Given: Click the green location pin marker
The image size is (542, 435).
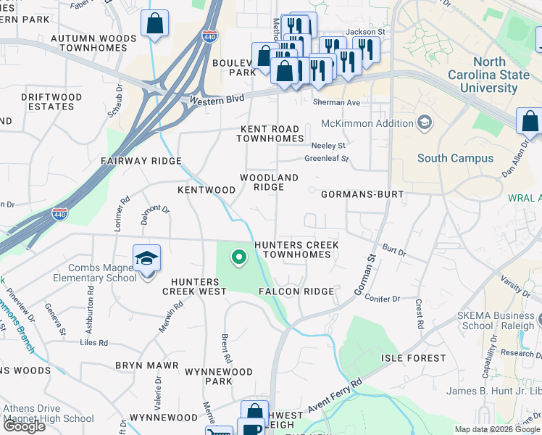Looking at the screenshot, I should click(238, 257).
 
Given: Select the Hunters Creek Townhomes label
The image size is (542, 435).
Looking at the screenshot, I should click(296, 250).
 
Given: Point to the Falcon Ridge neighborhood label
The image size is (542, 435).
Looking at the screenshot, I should click(296, 291).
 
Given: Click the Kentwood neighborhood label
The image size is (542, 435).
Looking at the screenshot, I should click(207, 190).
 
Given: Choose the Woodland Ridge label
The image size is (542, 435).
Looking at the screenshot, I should click(269, 182).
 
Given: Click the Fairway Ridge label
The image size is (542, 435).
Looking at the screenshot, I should click(141, 160).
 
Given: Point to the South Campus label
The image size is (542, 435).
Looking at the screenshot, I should click(455, 158).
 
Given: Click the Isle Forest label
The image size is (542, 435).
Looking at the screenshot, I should click(414, 358).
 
